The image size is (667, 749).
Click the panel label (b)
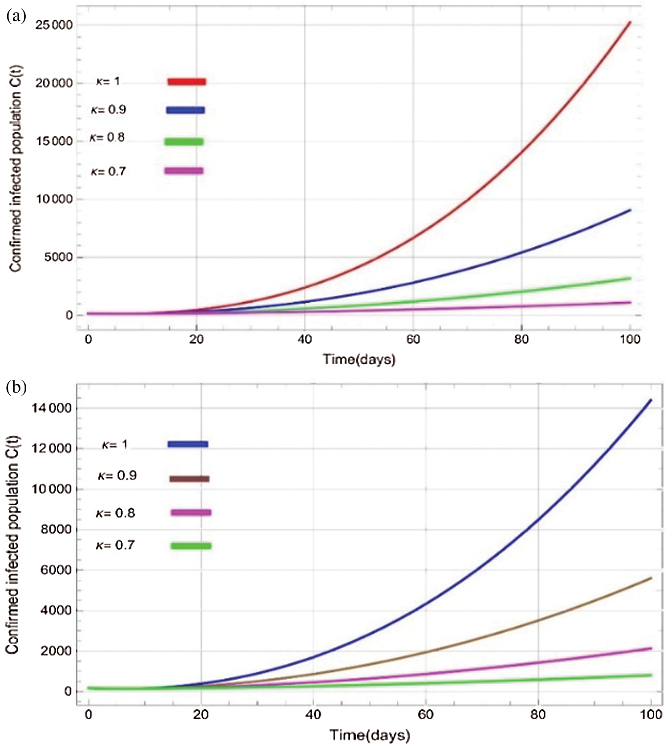(x=16, y=388)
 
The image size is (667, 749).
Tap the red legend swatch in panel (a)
(x=187, y=82)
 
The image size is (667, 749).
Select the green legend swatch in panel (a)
(x=184, y=142)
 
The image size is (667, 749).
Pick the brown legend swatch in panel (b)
(x=189, y=479)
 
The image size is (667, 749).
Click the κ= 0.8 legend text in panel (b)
(x=115, y=513)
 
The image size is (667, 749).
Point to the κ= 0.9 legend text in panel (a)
(x=109, y=110)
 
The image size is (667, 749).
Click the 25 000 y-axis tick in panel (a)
(x=54, y=25)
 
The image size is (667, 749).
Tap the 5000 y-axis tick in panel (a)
(x=58, y=257)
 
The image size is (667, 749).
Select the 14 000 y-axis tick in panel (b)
(x=51, y=408)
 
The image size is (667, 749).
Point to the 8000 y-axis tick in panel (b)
(x=56, y=529)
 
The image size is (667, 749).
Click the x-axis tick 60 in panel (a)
(x=413, y=340)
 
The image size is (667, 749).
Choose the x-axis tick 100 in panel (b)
(x=651, y=715)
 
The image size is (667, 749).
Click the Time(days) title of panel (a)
(x=359, y=359)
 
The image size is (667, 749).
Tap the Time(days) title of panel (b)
(x=370, y=735)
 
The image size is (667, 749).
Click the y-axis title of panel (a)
(x=16, y=169)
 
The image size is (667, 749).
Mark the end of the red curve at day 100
(x=630, y=22)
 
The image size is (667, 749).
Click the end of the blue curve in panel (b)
(x=651, y=400)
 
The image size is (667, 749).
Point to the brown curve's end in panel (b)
(x=651, y=578)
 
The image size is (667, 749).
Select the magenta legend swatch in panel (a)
(x=184, y=171)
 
